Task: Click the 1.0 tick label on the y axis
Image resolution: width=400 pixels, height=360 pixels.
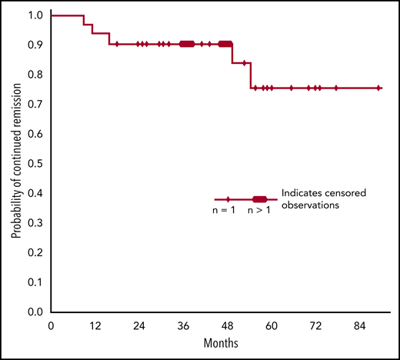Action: pyautogui.click(x=36, y=15)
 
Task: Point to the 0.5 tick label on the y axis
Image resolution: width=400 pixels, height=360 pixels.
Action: pyautogui.click(x=36, y=164)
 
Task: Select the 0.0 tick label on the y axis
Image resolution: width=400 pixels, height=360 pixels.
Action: pyautogui.click(x=36, y=312)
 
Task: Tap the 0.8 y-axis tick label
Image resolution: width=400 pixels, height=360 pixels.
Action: pyautogui.click(x=36, y=75)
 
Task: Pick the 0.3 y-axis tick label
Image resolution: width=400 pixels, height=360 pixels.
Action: pyautogui.click(x=36, y=223)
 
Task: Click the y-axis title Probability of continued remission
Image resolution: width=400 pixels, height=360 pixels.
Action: pyautogui.click(x=15, y=164)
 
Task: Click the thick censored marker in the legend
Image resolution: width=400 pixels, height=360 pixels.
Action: pyautogui.click(x=260, y=199)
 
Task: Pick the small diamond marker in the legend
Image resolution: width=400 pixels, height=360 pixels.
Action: pyautogui.click(x=228, y=199)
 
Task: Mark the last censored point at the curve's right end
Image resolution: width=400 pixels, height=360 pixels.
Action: pyautogui.click(x=378, y=88)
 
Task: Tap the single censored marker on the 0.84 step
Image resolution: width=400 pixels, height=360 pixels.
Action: pyautogui.click(x=245, y=63)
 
